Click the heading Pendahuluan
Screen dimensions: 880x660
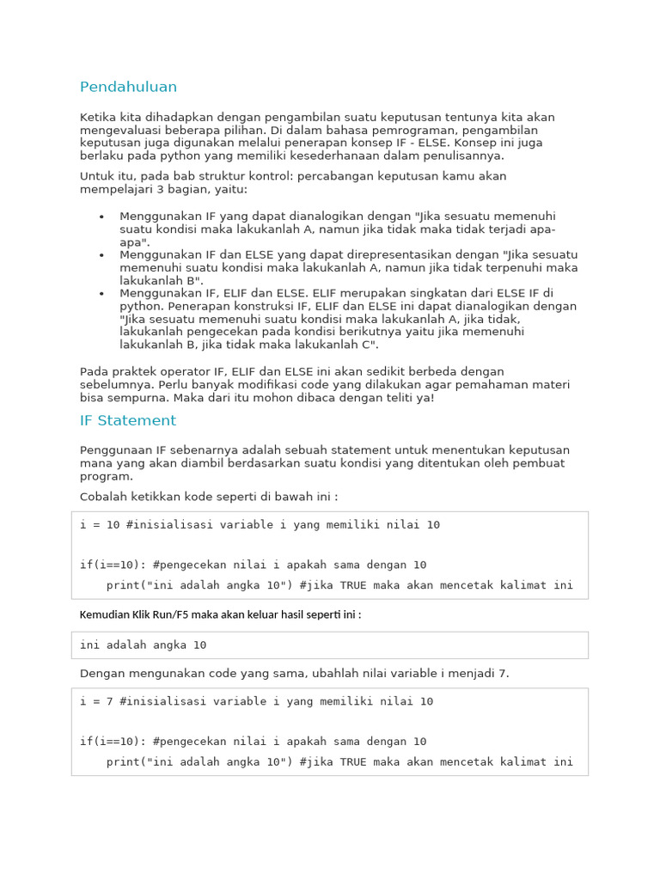pyautogui.click(x=128, y=87)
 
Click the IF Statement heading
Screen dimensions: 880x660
pyautogui.click(x=127, y=420)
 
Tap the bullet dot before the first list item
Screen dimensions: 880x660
pyautogui.click(x=101, y=217)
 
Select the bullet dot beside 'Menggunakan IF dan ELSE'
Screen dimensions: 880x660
pyautogui.click(x=101, y=255)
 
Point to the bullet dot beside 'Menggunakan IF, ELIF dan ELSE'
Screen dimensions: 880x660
pyautogui.click(x=101, y=294)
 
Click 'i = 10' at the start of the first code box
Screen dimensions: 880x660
pyautogui.click(x=100, y=524)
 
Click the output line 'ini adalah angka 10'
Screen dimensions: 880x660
pyautogui.click(x=143, y=645)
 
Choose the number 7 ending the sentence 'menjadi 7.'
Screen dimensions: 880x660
pyautogui.click(x=502, y=673)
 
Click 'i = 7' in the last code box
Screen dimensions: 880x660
pyautogui.click(x=96, y=701)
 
